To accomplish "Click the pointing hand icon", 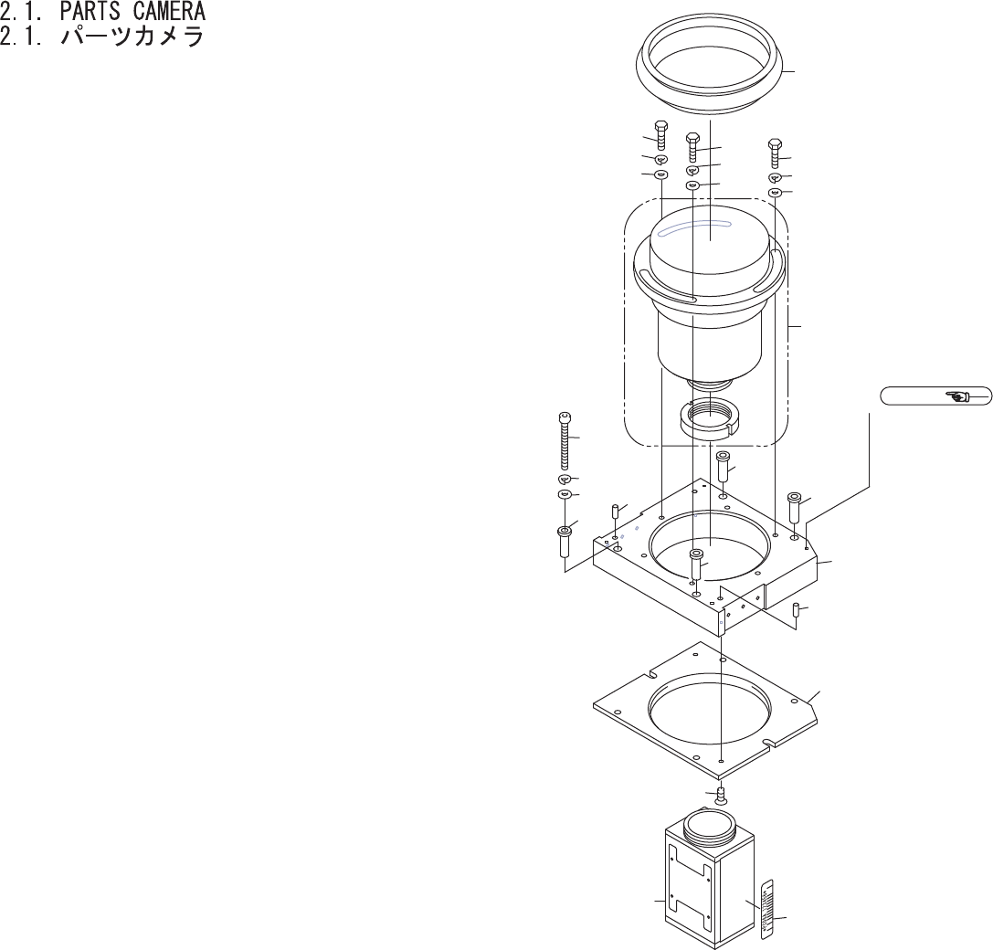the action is point(959,396).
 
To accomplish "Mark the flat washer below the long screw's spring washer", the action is point(564,494).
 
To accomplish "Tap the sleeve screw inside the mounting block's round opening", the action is point(696,564).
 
